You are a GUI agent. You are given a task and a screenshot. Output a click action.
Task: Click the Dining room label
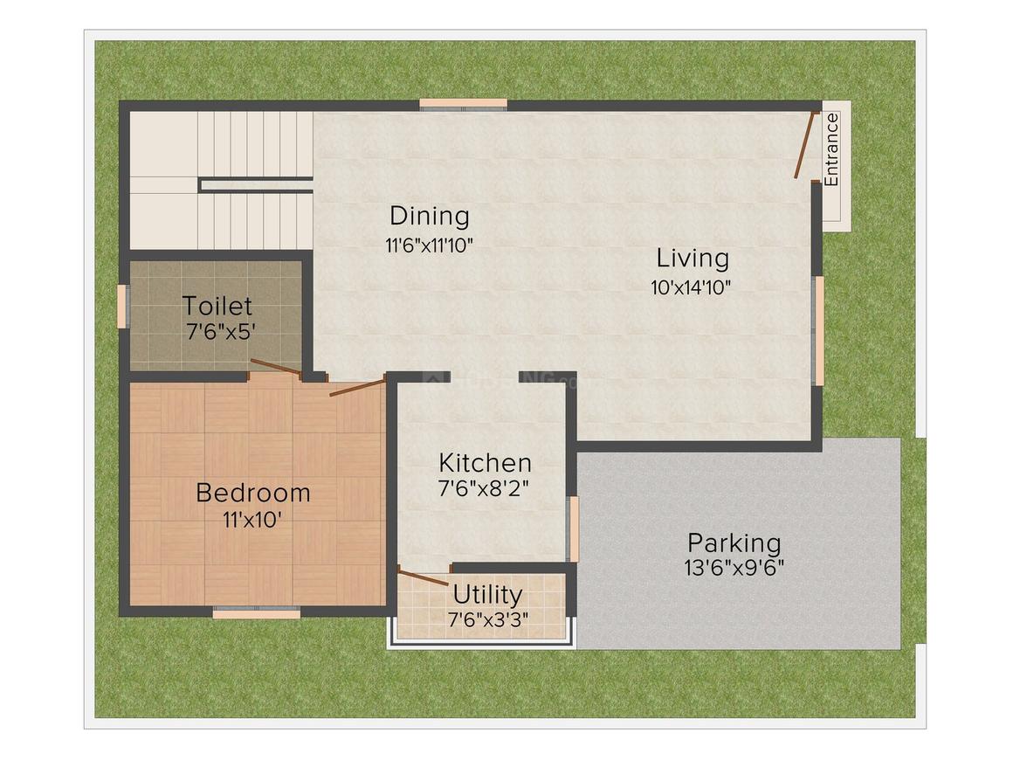429,216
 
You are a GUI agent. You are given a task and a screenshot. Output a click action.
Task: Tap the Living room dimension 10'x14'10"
691,287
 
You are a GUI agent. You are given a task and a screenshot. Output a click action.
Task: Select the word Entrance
831,149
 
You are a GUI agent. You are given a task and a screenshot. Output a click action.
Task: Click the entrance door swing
806,145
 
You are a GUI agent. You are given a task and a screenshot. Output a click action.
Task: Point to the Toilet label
217,307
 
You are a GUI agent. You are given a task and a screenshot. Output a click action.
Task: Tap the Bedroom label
252,493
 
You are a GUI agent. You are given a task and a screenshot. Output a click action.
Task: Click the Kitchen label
485,463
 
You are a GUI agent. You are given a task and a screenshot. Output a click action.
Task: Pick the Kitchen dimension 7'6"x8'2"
485,489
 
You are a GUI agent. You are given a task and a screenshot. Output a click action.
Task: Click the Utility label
487,595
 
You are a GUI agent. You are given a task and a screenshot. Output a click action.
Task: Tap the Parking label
734,542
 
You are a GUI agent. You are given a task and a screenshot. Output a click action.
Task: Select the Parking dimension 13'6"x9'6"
734,568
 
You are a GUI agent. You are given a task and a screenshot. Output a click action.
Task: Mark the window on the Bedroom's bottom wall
256,612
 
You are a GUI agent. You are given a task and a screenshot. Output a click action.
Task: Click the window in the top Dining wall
463,104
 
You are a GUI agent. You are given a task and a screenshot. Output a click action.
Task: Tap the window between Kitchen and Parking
574,529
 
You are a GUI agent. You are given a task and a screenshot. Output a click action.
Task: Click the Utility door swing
423,577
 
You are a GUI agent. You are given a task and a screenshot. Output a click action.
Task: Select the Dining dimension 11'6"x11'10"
429,245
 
